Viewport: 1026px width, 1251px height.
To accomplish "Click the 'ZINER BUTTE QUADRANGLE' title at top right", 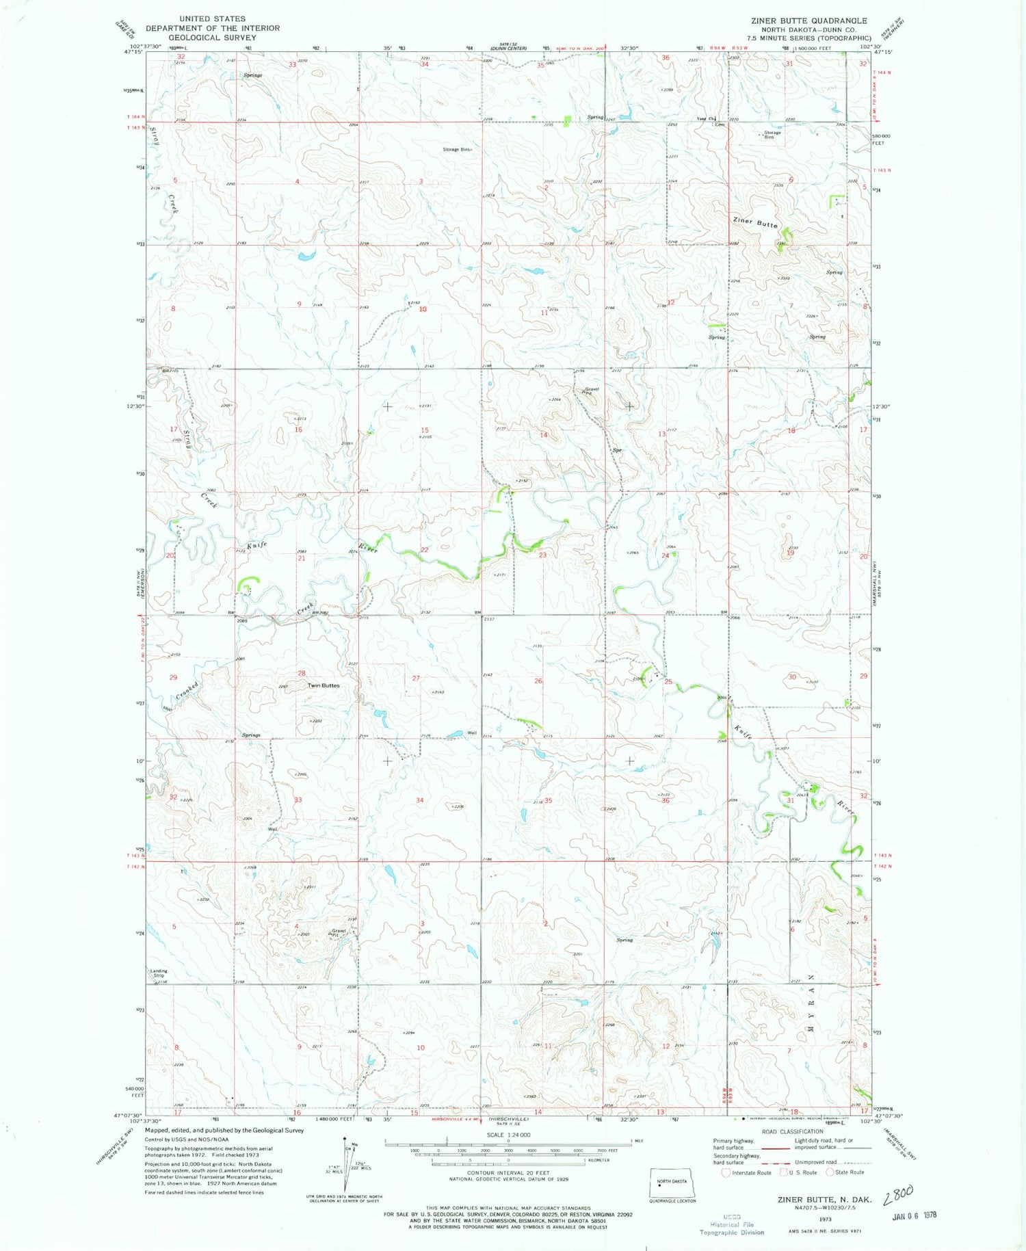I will pyautogui.click(x=808, y=21).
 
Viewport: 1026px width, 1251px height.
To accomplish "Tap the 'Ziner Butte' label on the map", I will pyautogui.click(x=755, y=222).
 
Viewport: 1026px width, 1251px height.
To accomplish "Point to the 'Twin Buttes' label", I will pyautogui.click(x=323, y=685).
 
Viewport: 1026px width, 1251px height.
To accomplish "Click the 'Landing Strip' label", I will pyautogui.click(x=158, y=973).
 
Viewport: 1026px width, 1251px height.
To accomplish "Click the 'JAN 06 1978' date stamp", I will pyautogui.click(x=913, y=1215).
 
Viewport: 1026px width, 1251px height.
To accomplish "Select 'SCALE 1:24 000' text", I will pyautogui.click(x=508, y=1135).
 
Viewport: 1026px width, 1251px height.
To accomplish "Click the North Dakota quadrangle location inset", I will pyautogui.click(x=672, y=1183).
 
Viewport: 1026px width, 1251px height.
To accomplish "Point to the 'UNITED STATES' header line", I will pyautogui.click(x=212, y=19).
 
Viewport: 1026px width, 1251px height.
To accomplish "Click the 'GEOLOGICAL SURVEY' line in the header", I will pyautogui.click(x=212, y=38).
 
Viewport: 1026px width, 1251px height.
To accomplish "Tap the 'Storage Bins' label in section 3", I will pyautogui.click(x=457, y=149).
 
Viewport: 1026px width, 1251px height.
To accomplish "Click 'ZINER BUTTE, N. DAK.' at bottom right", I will pyautogui.click(x=824, y=1200).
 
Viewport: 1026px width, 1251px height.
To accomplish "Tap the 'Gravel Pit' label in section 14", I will pyautogui.click(x=591, y=391).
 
